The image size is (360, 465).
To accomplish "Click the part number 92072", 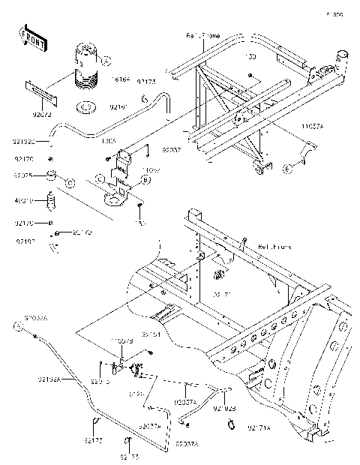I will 43,116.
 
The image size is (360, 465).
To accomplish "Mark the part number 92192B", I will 224,409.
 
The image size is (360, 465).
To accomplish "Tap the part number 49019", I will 24,201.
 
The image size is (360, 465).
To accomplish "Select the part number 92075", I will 24,175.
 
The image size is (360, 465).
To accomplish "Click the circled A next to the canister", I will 106,60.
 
